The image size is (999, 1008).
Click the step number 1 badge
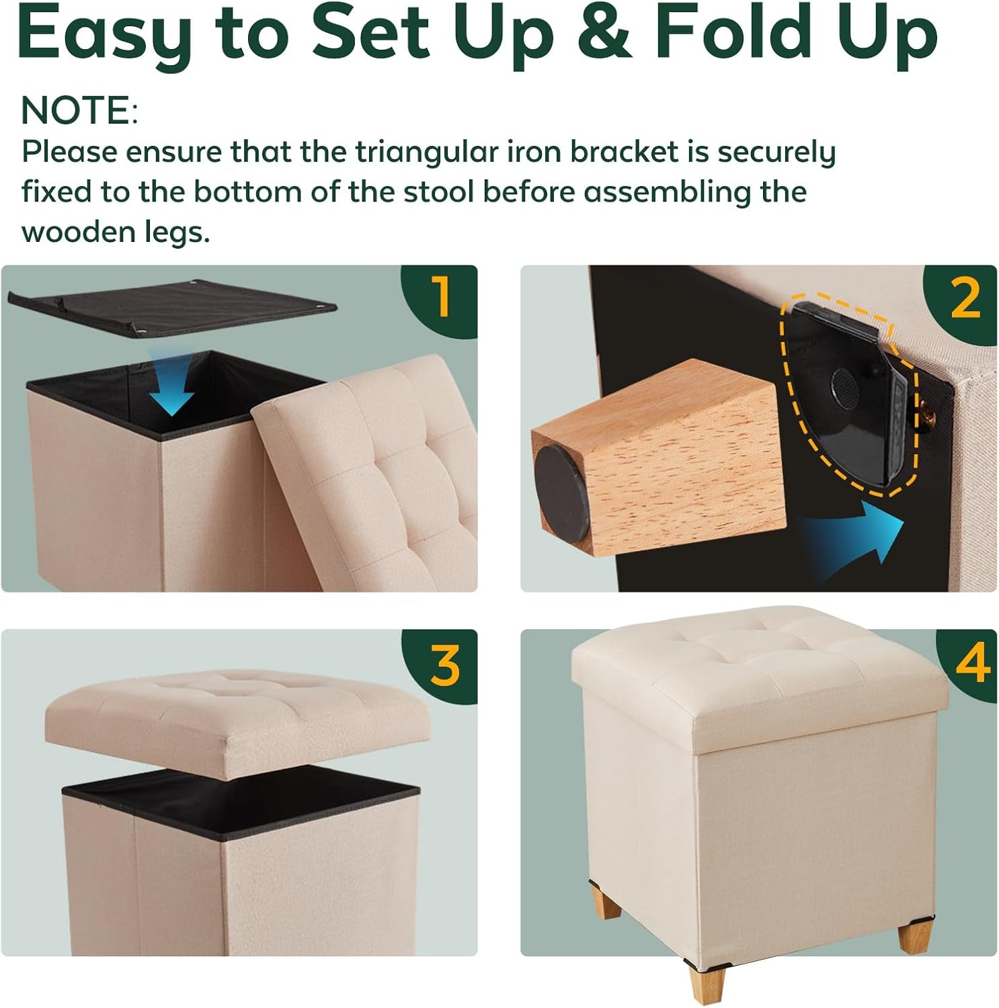441,297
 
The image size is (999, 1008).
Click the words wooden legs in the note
116,233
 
